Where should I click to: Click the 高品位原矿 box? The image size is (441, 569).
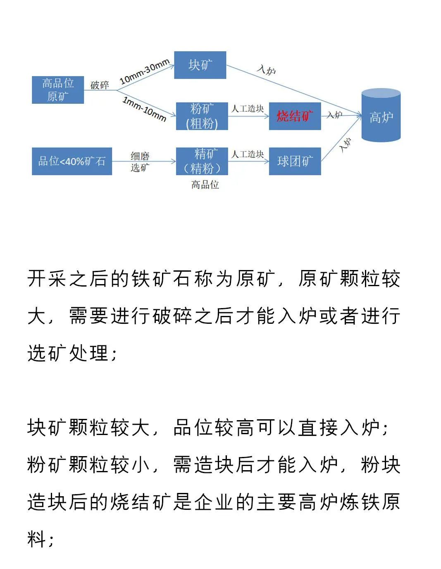click(x=58, y=90)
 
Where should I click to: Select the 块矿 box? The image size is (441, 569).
click(x=200, y=65)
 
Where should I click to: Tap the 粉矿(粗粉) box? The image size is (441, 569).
click(x=202, y=116)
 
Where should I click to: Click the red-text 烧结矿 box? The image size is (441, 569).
click(x=295, y=116)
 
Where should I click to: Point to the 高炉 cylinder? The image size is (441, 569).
click(x=381, y=116)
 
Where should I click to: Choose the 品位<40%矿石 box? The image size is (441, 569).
click(x=72, y=161)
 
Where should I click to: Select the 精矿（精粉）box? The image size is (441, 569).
click(x=202, y=161)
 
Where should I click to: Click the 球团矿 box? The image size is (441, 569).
click(x=295, y=161)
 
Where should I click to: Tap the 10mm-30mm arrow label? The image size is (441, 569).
click(x=145, y=72)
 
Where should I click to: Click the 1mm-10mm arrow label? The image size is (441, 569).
click(x=144, y=109)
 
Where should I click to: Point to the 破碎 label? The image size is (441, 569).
click(x=100, y=85)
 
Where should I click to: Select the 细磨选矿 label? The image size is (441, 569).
click(x=140, y=162)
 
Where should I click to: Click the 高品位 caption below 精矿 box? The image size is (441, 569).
click(x=205, y=185)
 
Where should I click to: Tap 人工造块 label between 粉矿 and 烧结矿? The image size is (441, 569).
click(x=248, y=109)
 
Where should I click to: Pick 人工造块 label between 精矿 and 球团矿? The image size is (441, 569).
click(x=248, y=154)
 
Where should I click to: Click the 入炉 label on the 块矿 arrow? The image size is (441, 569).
click(x=267, y=69)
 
